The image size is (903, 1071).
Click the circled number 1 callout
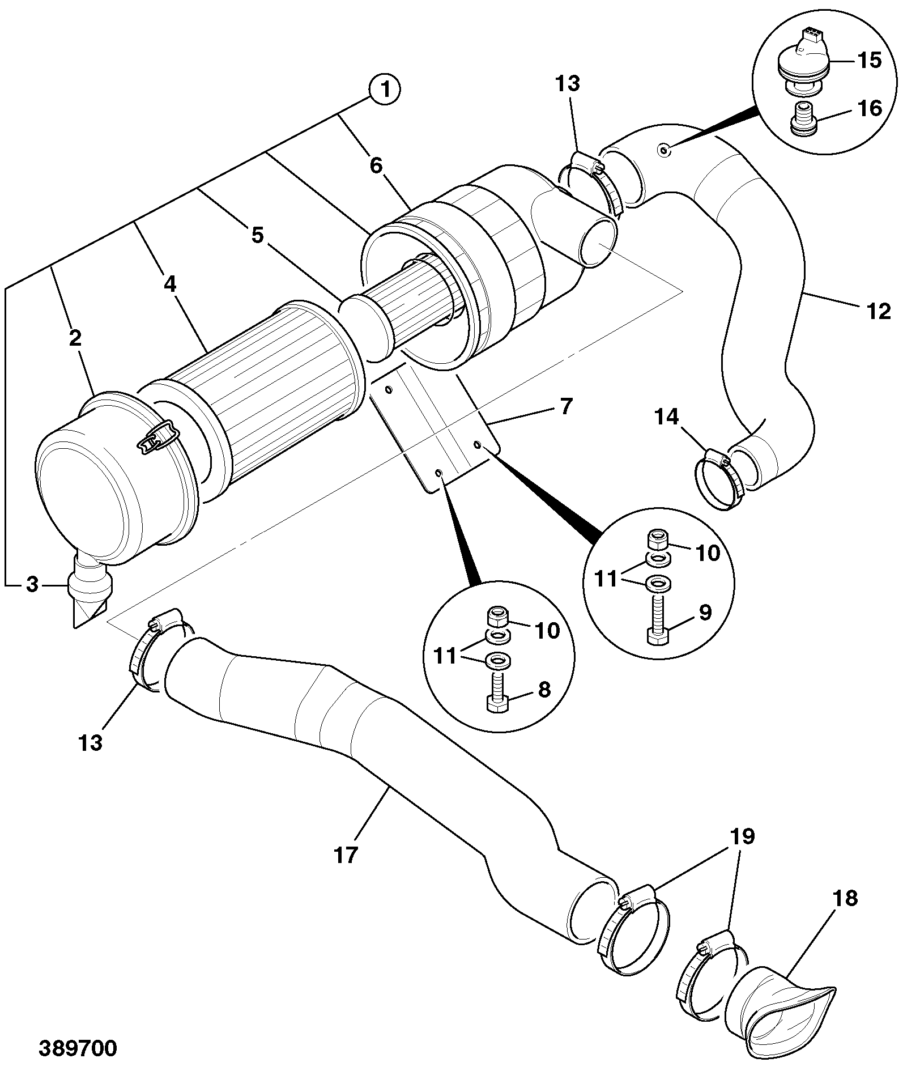point(385,90)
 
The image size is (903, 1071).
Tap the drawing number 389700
point(78,1048)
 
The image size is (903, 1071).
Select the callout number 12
point(879,311)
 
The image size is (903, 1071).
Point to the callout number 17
point(346,855)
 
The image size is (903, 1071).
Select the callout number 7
point(566,406)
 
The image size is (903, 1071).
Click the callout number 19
point(743,836)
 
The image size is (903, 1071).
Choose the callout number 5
point(258,235)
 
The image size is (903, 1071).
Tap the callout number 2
point(75,338)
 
